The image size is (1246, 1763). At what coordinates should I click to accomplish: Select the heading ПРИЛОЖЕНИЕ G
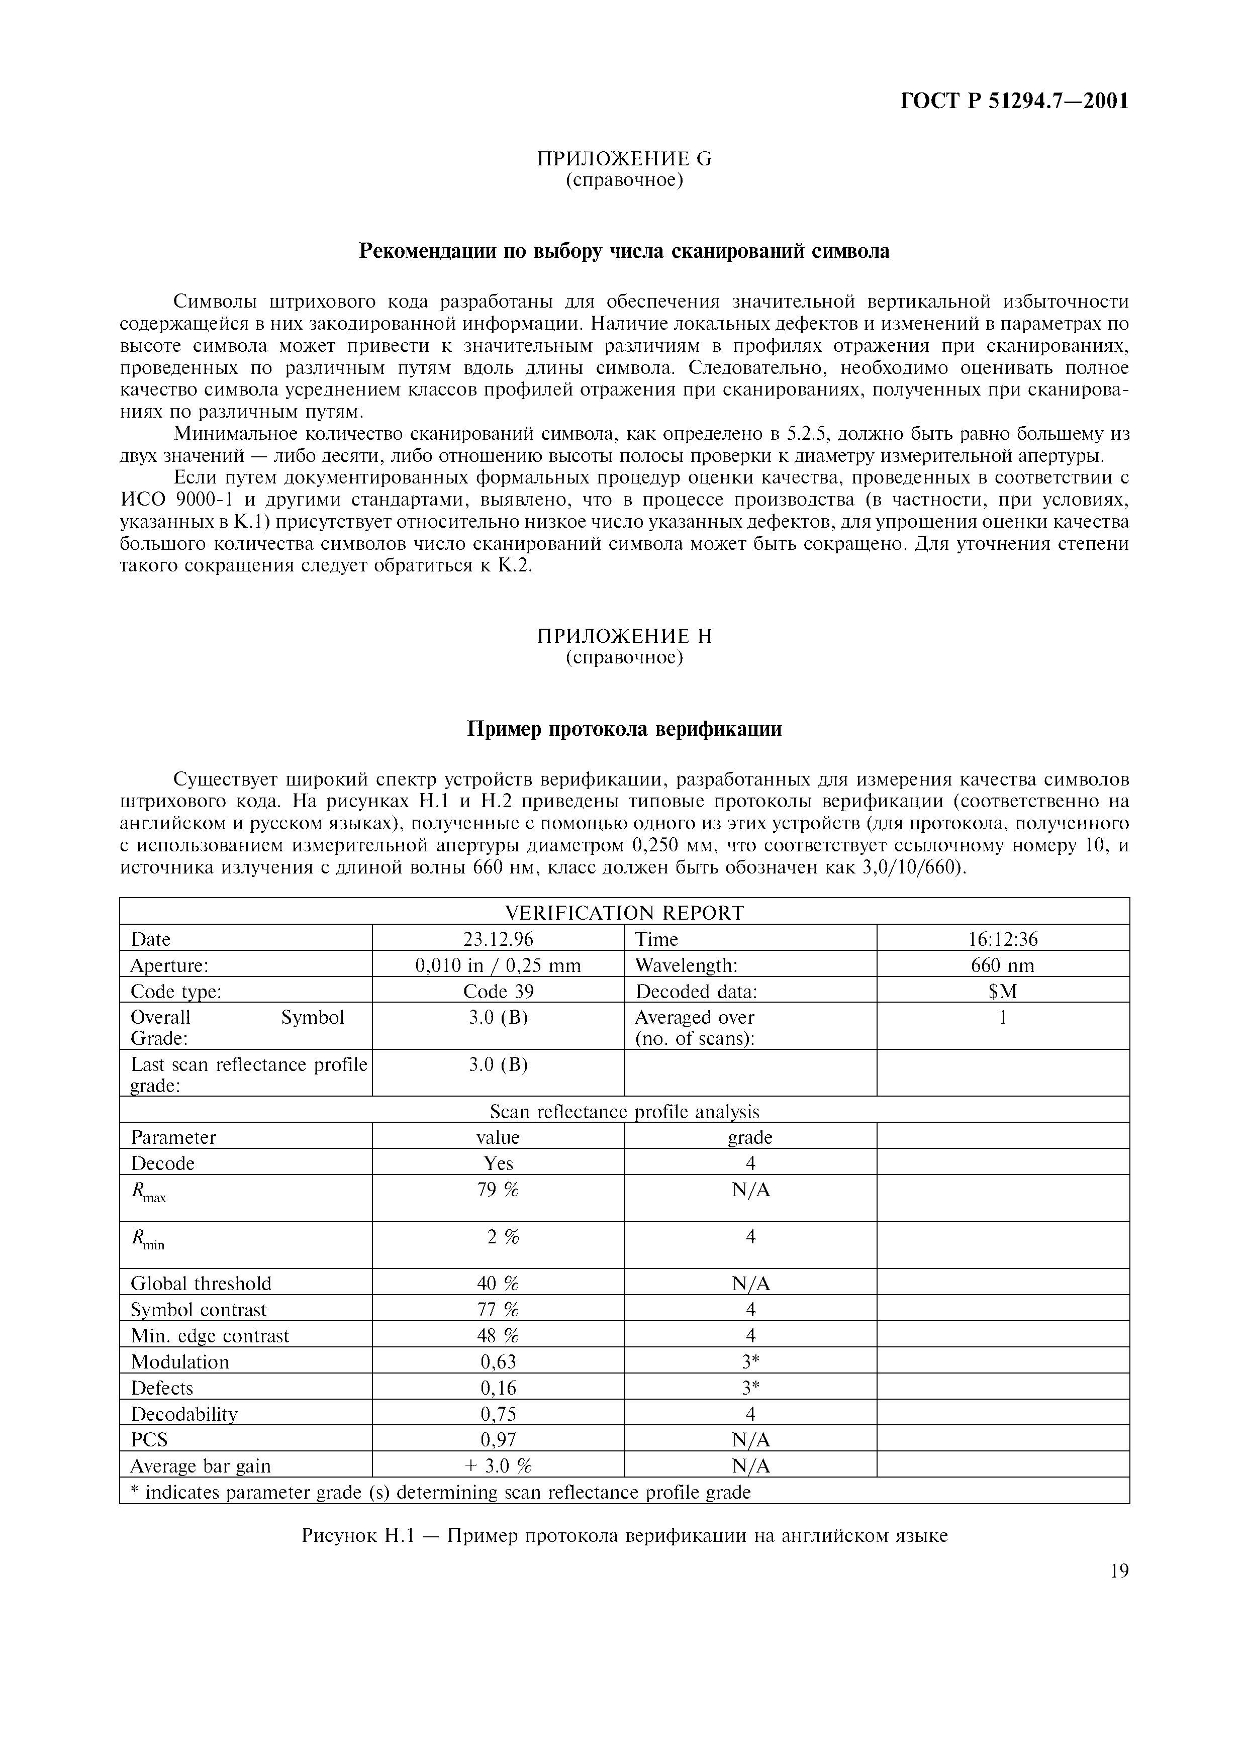click(624, 159)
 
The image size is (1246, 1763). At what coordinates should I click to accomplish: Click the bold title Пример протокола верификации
click(624, 729)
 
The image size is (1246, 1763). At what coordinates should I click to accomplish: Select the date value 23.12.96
click(498, 939)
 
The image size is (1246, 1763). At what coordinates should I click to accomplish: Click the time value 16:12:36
click(1003, 939)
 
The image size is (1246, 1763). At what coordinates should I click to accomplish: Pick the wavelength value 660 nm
click(1003, 965)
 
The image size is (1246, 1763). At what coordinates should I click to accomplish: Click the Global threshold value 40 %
click(498, 1284)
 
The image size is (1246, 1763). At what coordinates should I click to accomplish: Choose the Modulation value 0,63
click(498, 1362)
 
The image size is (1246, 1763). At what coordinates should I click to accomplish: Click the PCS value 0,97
click(498, 1440)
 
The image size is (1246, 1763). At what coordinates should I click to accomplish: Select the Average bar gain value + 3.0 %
click(498, 1466)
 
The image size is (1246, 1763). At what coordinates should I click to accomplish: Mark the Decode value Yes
click(498, 1163)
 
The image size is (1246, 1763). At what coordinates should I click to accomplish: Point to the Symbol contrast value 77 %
click(498, 1310)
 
